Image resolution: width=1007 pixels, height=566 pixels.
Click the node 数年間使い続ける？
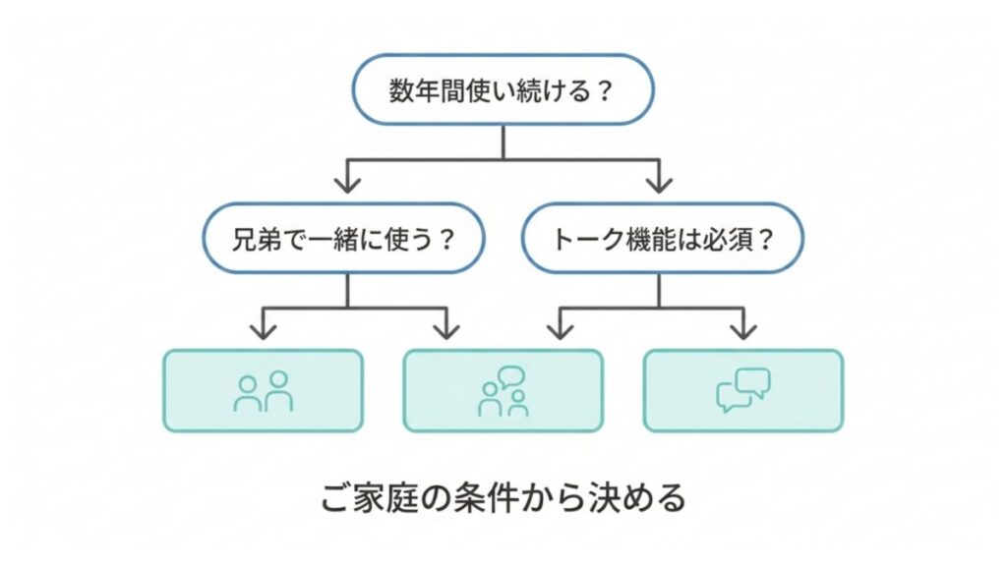503,94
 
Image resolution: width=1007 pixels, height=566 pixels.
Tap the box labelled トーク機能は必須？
661,238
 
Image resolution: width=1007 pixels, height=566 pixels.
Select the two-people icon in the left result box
264,391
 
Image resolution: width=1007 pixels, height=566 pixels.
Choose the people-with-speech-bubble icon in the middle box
503,391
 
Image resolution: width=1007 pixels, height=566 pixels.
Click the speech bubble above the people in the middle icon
511,376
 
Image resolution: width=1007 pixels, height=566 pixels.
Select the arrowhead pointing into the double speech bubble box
743,326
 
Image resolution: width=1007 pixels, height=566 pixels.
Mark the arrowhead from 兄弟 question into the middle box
447,326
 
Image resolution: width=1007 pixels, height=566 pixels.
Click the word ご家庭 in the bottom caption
366,498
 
